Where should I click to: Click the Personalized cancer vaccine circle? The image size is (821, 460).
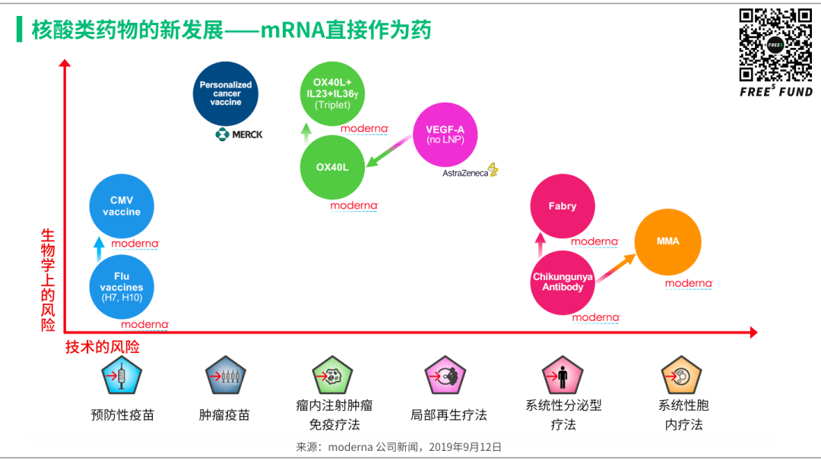[x=226, y=93]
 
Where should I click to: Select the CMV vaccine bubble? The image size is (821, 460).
[x=122, y=206]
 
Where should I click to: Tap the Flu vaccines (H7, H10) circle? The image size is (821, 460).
[x=122, y=287]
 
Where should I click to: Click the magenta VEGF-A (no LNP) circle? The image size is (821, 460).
[x=445, y=134]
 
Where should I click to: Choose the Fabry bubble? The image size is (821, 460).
[x=563, y=206]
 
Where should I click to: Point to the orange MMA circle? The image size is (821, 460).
[x=667, y=241]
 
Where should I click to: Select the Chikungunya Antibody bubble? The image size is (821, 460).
[x=563, y=282]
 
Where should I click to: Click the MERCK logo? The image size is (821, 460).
[x=239, y=134]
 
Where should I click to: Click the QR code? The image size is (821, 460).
[x=775, y=45]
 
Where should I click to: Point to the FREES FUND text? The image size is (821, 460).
[x=775, y=92]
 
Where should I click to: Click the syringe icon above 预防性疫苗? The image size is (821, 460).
[x=122, y=377]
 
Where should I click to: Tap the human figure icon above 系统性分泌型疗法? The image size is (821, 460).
[x=563, y=377]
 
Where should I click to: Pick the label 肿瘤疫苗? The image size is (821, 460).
[x=224, y=415]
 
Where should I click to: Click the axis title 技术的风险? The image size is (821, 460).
[x=103, y=347]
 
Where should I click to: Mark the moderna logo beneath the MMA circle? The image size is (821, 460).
[x=689, y=283]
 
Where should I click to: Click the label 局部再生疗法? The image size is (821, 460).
[x=449, y=415]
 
